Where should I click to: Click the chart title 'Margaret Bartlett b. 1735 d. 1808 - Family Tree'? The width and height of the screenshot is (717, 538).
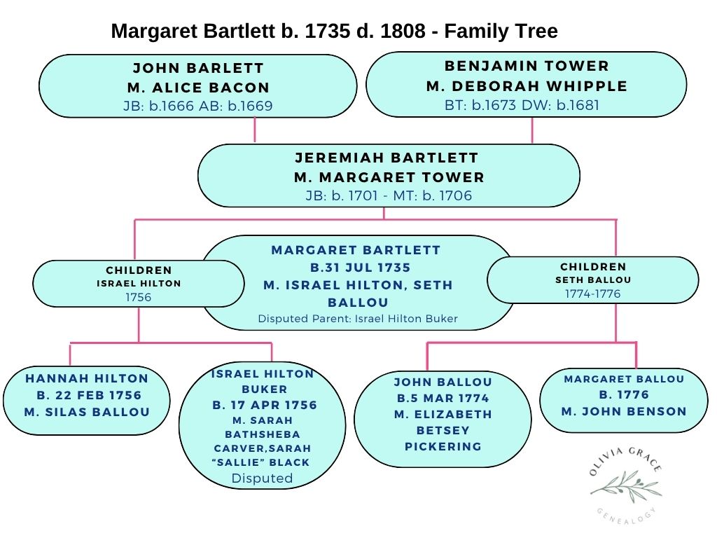(334, 32)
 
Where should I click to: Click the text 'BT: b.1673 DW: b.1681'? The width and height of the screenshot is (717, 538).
(522, 105)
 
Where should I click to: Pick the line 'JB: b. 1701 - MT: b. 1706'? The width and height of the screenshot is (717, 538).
(389, 195)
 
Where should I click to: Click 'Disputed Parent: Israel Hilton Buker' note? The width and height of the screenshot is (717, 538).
(358, 319)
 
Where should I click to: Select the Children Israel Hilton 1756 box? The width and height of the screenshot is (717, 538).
(138, 283)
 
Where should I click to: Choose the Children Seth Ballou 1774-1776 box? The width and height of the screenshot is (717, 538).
(592, 280)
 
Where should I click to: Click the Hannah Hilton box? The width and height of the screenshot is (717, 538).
(87, 399)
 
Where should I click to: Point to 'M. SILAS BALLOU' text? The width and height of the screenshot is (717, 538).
(87, 412)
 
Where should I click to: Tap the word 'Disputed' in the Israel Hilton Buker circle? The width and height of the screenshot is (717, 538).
(262, 478)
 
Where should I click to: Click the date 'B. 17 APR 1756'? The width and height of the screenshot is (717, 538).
(264, 405)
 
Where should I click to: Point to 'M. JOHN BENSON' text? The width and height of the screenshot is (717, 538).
(624, 411)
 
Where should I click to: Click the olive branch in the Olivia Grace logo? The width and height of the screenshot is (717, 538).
(625, 484)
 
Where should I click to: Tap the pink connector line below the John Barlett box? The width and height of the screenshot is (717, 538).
(254, 130)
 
